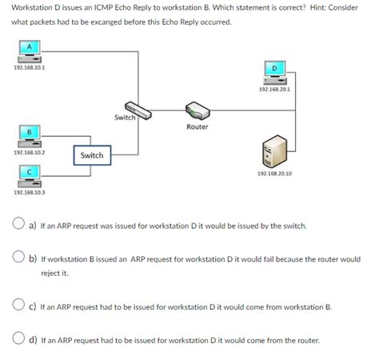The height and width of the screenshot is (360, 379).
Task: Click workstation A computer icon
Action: (x=30, y=51)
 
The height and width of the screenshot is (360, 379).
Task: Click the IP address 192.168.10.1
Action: (x=29, y=68)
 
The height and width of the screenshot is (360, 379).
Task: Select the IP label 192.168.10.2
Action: (x=29, y=151)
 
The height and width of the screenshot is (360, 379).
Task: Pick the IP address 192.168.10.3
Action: (x=29, y=193)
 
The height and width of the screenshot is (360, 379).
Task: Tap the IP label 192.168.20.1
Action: (x=274, y=90)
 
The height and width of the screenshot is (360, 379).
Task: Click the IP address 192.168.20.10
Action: (x=274, y=173)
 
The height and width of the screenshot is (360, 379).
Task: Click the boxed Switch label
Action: (x=91, y=155)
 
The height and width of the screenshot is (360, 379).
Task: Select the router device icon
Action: (x=197, y=111)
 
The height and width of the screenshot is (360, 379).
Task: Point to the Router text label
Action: (x=197, y=127)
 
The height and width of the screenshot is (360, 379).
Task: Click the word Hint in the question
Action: (x=312, y=7)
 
